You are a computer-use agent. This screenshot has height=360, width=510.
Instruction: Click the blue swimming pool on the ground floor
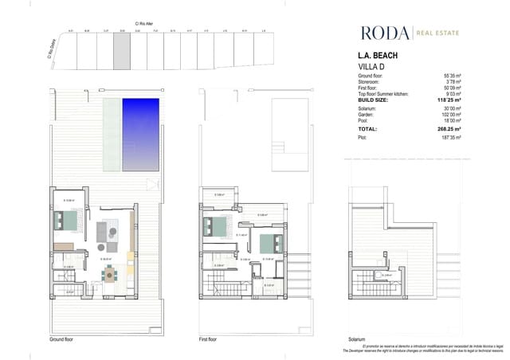click(139, 134)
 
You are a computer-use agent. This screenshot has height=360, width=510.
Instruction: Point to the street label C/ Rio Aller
click(143, 24)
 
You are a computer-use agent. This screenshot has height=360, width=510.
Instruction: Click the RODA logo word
click(383, 33)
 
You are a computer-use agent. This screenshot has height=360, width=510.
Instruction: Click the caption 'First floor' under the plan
click(209, 338)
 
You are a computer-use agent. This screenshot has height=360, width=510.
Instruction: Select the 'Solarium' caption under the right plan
click(357, 338)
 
